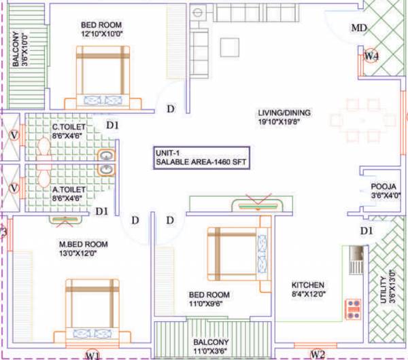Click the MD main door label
pos(358,29)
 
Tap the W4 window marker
pos(370,56)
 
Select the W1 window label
pos(92,355)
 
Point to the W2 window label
pos(318,354)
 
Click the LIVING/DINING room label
pos(284,118)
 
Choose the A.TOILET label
pos(67,194)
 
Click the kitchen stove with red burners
pos(354,309)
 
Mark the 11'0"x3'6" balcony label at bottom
pos(210,346)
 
